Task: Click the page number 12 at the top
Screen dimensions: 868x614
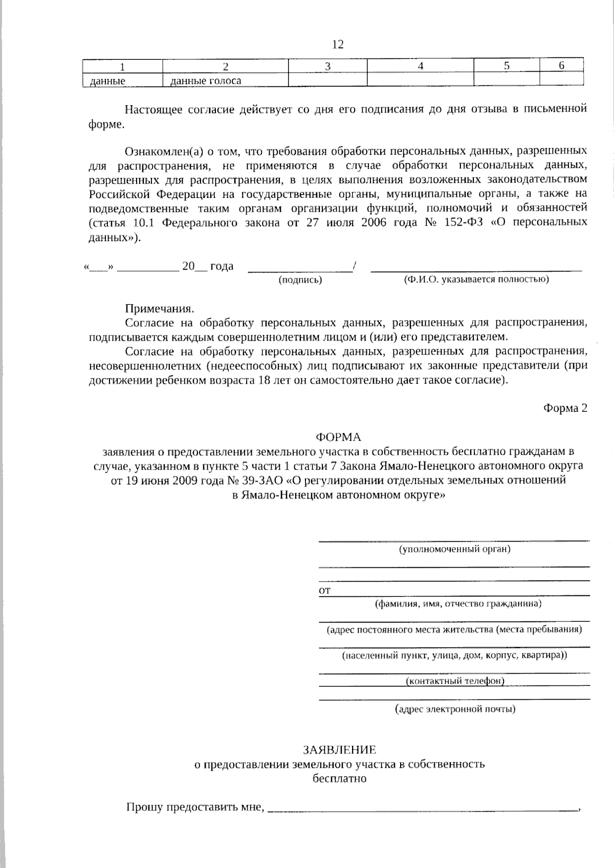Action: (338, 44)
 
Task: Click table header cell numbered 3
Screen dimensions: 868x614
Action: (327, 66)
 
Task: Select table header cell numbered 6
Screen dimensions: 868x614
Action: (561, 66)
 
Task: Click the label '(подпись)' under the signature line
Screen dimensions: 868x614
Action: (300, 280)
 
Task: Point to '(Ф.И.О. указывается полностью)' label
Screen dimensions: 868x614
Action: (476, 280)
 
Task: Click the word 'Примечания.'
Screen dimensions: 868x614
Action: (160, 309)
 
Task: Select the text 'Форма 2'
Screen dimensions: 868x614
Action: (565, 408)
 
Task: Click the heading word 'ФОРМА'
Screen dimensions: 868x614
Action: (338, 437)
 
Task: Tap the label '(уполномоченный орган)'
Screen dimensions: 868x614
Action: (454, 549)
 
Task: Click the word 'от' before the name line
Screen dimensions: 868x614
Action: (324, 591)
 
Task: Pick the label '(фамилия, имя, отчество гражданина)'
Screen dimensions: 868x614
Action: (458, 604)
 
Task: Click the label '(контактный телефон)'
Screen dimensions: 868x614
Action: (454, 681)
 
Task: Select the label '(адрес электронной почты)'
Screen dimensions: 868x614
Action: (455, 709)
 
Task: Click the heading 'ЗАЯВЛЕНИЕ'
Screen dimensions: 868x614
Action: (339, 750)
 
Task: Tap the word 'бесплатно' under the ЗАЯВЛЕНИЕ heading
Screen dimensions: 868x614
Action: (339, 778)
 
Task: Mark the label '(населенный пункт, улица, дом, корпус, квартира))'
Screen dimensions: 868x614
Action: (454, 655)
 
